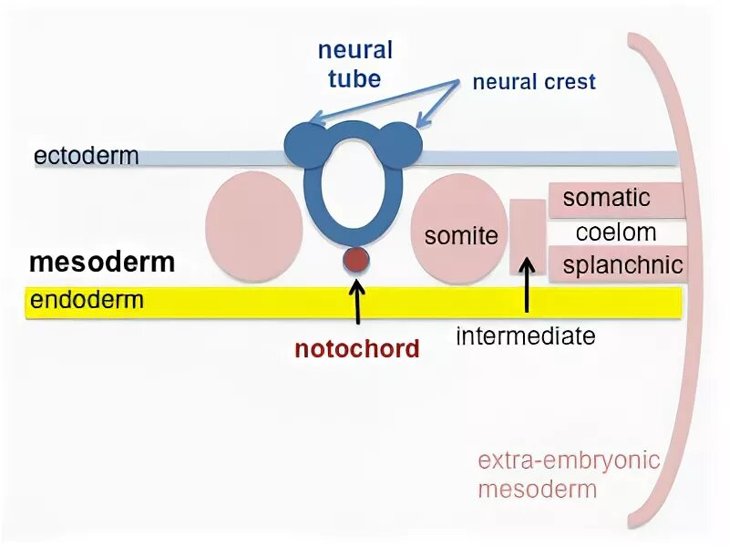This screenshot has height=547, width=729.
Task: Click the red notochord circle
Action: (x=356, y=261)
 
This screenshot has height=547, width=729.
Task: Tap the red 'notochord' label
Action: (x=357, y=348)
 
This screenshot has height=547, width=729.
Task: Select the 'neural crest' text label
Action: (x=534, y=82)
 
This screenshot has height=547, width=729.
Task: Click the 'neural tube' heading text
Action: (x=354, y=64)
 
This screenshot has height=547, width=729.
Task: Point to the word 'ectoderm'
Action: (x=87, y=156)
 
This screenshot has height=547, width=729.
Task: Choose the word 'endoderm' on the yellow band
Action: (x=87, y=301)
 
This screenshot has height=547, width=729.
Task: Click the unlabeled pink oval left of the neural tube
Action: (x=254, y=227)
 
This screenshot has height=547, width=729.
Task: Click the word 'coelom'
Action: (x=616, y=232)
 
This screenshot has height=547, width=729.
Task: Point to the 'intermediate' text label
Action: (x=526, y=336)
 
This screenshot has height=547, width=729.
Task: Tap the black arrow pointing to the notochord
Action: (x=357, y=301)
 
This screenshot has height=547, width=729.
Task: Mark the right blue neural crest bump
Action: (x=402, y=142)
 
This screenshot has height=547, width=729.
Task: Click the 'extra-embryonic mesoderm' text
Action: (x=569, y=474)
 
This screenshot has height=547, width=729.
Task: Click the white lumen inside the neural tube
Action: (x=354, y=186)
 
